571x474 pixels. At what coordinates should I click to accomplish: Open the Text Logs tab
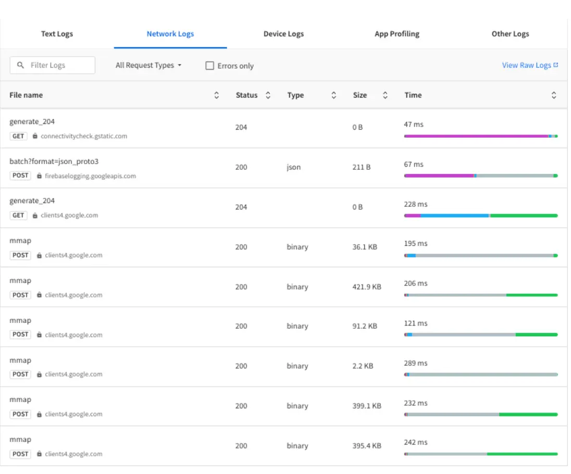57,34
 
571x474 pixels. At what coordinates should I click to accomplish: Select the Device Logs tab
283,34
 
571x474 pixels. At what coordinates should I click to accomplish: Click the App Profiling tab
396,34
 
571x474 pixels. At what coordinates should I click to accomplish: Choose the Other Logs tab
510,34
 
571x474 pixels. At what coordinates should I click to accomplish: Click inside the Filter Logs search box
57,65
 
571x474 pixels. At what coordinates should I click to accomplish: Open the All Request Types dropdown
148,65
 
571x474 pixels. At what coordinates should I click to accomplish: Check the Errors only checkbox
210,66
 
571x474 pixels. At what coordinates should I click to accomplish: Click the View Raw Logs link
530,65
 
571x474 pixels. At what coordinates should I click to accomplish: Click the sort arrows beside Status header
268,95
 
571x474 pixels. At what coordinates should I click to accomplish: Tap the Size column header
359,95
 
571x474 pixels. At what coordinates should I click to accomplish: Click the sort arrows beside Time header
554,95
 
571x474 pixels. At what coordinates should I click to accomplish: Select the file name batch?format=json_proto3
54,161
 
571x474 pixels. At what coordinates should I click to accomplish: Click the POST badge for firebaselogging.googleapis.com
20,176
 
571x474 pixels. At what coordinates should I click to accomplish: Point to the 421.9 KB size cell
366,286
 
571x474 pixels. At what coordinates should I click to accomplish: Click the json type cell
293,167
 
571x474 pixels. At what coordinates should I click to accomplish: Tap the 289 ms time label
415,363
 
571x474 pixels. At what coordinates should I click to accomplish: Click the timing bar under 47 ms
479,136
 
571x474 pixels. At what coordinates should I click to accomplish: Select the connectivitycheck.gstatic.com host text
83,136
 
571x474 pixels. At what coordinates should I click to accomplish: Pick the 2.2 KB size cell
363,366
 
